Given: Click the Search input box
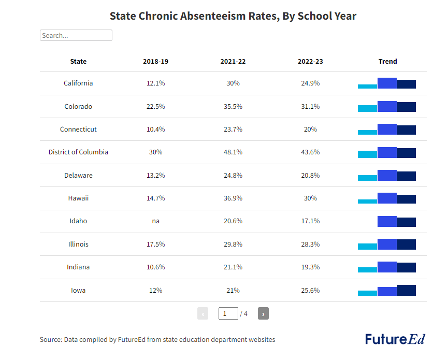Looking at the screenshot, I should (76, 35).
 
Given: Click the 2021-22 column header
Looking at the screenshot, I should (233, 61).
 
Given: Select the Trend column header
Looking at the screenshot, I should (387, 61).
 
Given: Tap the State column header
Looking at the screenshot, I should (78, 61).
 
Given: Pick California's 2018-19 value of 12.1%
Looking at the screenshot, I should (155, 83).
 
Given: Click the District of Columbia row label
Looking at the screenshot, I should (78, 152).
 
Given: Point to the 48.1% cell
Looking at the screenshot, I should (233, 152).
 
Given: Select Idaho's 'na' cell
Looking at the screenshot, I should (155, 221).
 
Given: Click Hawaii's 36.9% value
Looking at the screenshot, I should (233, 198).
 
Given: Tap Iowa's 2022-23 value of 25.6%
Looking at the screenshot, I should (310, 290).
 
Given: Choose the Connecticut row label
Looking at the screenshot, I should (78, 129).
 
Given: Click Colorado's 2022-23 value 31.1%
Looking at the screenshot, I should (310, 106).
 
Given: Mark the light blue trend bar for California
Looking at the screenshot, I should (367, 86).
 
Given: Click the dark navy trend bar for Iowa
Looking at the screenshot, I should (407, 290).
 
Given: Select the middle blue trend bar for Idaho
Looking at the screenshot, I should (387, 221).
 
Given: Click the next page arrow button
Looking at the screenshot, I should (263, 313).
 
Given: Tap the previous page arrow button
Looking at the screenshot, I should (203, 313).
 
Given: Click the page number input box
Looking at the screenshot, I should (228, 313).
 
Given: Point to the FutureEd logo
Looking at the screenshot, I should (395, 339).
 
